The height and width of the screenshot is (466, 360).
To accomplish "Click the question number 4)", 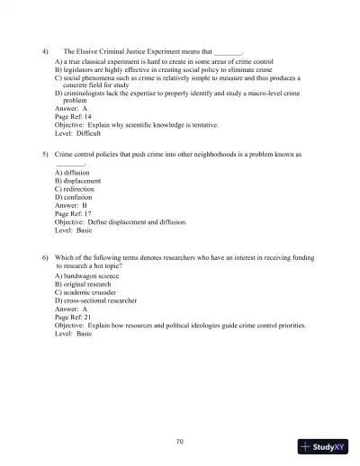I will coord(46,55).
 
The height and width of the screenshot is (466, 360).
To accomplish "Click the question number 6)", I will coord(46,258).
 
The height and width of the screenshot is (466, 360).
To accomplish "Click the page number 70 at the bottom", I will coord(180,441).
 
